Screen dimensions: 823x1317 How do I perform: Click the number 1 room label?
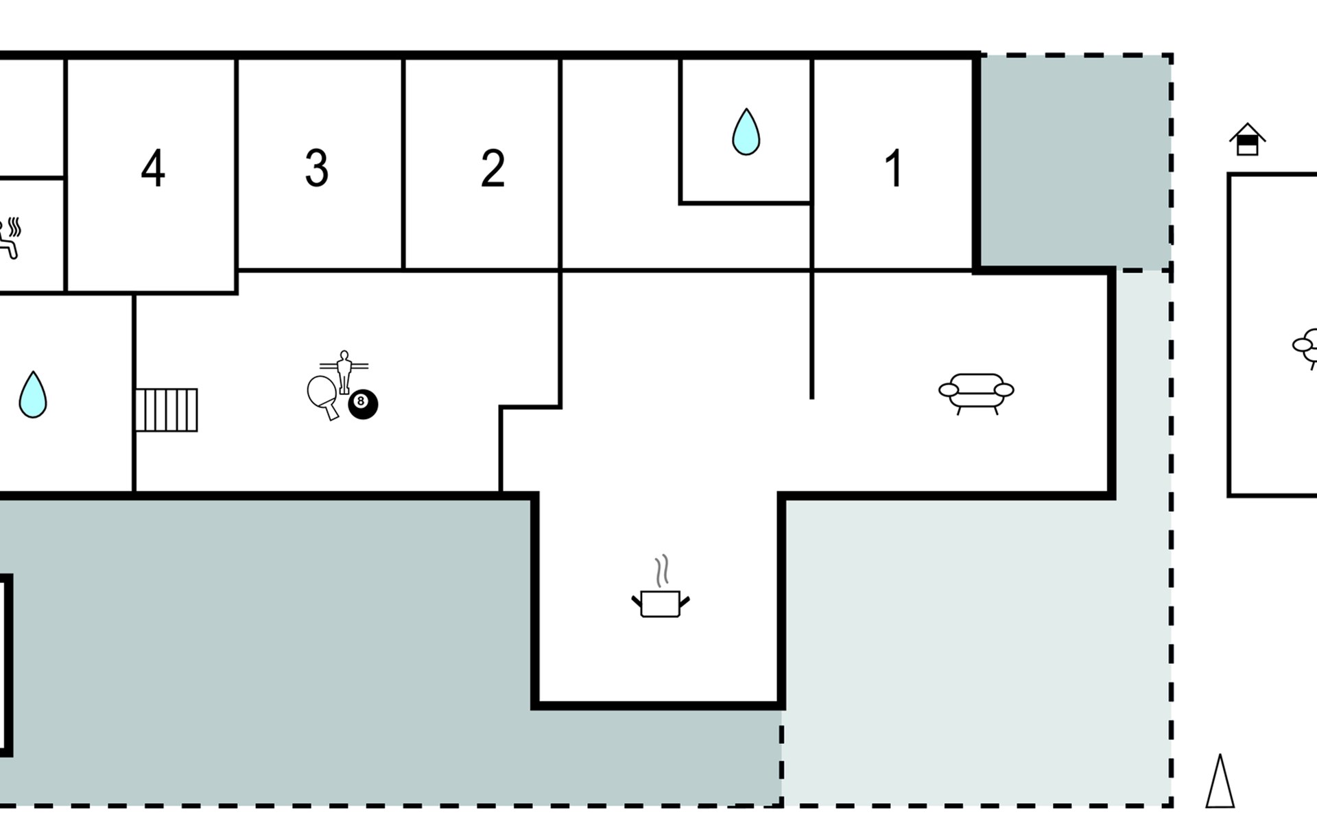pos(893,168)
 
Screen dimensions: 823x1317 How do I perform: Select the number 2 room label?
pos(493,168)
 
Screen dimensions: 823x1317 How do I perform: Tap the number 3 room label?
pos(316,168)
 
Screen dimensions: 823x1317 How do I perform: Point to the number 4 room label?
pos(152,168)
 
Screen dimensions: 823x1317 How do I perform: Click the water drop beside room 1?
pos(746,132)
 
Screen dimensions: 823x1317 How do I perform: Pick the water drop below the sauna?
pos(32,395)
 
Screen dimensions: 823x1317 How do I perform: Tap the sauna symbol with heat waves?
pos(10,237)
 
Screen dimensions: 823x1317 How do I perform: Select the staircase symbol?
pos(166,410)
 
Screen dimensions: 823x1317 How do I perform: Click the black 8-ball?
pos(363,404)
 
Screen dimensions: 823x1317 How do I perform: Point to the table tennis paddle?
pos(322,395)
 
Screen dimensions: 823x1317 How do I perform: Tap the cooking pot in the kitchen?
pos(660,604)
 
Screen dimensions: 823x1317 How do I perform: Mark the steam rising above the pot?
pos(661,571)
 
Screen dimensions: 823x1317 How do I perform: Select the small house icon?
pos(1247,139)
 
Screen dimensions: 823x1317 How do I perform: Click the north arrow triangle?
pos(1220,783)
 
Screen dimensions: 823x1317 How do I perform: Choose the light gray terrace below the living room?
pos(974,652)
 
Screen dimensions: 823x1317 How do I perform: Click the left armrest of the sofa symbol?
pos(949,390)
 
